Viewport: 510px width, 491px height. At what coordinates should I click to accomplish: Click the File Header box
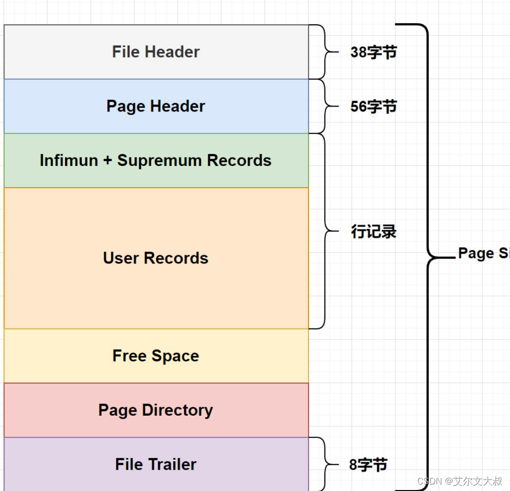[156, 52]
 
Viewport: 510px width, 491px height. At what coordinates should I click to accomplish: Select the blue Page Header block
[156, 106]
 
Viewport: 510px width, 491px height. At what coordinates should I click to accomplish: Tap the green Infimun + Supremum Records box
[156, 161]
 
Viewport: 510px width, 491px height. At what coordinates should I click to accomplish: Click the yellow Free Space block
[156, 356]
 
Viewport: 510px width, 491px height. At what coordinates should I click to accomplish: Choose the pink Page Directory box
[156, 410]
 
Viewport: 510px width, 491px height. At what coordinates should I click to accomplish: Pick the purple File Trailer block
[156, 464]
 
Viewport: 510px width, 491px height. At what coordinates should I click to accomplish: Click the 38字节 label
[373, 52]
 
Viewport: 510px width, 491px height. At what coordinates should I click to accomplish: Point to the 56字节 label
[373, 107]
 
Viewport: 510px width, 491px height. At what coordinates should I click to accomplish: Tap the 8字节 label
[368, 465]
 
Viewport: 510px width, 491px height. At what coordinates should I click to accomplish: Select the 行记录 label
[373, 231]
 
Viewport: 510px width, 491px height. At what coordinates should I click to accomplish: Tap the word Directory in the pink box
[177, 410]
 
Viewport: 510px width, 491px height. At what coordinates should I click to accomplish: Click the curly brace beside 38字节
[325, 52]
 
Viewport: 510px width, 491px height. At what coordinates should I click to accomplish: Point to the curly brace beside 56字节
[325, 106]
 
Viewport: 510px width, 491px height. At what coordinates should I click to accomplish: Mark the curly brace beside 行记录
[325, 231]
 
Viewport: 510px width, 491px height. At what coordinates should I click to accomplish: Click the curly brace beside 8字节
[325, 464]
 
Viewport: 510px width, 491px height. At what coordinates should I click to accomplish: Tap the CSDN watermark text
[459, 481]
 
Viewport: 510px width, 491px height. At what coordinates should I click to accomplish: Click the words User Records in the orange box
[156, 258]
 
